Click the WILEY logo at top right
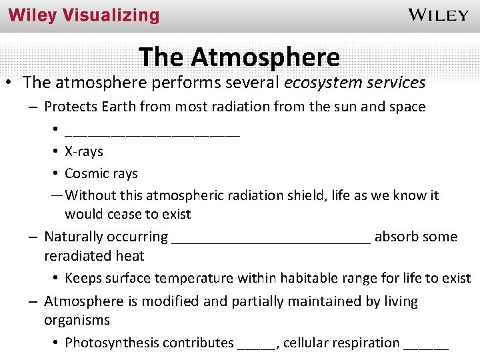tap(437, 15)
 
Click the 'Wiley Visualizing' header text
tap(84, 16)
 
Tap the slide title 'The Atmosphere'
tap(239, 57)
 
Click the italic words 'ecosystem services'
tap(355, 83)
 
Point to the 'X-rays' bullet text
tap(84, 151)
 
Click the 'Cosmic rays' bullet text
tap(101, 173)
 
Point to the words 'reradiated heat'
tap(94, 255)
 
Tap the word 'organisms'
tap(77, 320)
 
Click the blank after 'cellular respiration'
tap(426, 346)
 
